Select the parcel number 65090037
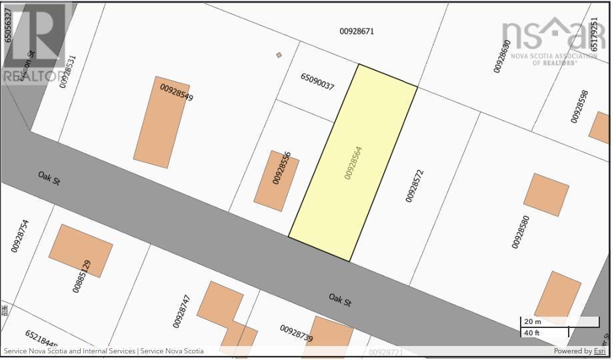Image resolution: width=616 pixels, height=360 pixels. coord(317,82)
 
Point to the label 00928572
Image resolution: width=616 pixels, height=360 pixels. coord(414,185)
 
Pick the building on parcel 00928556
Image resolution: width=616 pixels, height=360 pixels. coord(277,181)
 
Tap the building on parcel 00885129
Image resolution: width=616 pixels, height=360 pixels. coord(81,250)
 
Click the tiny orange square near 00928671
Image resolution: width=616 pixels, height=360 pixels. coord(279,55)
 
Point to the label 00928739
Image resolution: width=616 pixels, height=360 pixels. coord(296,333)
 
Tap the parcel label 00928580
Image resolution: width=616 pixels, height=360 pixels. coord(520,231)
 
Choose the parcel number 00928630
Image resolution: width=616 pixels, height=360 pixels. coord(502,56)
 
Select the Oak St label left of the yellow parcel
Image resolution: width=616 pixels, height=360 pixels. coord(49,178)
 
